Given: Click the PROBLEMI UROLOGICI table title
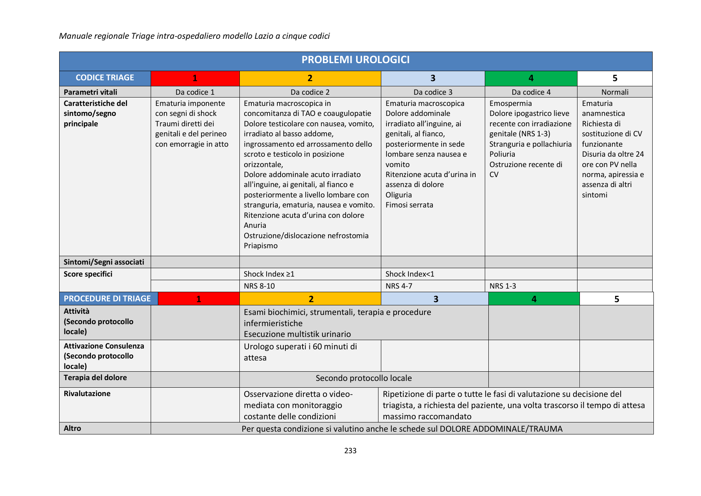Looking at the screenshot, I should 355,60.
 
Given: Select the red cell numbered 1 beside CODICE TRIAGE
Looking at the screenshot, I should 195,78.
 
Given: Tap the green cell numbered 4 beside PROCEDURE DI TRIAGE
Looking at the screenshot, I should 534,299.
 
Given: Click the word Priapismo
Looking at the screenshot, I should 261,246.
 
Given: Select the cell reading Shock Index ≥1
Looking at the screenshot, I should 269,274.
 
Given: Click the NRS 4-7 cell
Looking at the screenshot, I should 398,286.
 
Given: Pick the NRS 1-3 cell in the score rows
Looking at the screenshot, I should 502,286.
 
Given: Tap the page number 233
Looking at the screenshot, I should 350,451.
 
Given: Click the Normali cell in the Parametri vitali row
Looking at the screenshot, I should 615,92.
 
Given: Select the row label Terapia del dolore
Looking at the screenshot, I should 95,378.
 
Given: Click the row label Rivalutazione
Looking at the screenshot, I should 87,394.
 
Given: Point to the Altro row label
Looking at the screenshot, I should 72,428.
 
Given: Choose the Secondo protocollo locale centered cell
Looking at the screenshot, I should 363,378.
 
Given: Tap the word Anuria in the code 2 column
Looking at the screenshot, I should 255,225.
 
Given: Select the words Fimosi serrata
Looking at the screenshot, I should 409,205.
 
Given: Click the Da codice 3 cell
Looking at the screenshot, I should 433,92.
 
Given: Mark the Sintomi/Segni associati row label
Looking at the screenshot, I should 104,262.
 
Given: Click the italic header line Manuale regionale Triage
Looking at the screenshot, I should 194,36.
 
